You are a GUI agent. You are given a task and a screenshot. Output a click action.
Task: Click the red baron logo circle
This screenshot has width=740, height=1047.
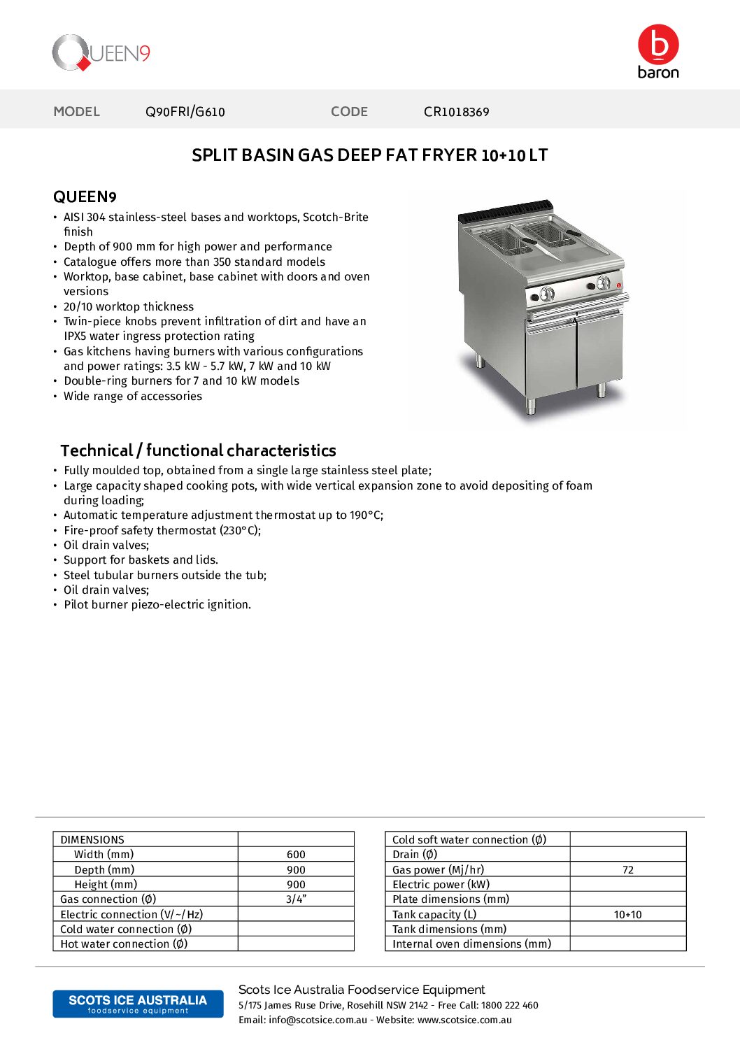pyautogui.click(x=658, y=44)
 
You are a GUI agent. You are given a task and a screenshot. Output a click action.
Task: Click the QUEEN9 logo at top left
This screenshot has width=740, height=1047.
pyautogui.click(x=101, y=53)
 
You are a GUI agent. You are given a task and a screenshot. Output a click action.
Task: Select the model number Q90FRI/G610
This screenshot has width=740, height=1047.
pyautogui.click(x=185, y=112)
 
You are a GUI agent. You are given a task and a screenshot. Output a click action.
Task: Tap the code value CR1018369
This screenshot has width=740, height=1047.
pyautogui.click(x=456, y=112)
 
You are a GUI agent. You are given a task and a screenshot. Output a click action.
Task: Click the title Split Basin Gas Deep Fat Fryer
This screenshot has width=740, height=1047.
pyautogui.click(x=369, y=155)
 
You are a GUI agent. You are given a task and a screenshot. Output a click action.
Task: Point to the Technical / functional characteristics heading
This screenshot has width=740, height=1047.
pyautogui.click(x=198, y=450)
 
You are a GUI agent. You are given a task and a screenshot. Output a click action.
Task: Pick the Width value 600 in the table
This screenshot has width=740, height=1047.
pyautogui.click(x=296, y=855)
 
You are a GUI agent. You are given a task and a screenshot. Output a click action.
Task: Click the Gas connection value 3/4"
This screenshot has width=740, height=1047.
pyautogui.click(x=296, y=899)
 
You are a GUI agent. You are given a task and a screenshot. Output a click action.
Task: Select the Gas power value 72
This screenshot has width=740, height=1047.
pyautogui.click(x=627, y=870)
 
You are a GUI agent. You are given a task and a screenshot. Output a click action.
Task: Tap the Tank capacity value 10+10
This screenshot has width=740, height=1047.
pyautogui.click(x=627, y=915)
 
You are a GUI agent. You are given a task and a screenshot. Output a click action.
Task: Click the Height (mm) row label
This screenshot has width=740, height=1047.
pyautogui.click(x=106, y=885)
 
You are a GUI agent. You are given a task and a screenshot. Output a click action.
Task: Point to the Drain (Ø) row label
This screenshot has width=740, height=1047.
pyautogui.click(x=415, y=855)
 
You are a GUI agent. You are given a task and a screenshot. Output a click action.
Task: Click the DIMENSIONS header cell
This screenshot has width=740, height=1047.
pyautogui.click(x=92, y=840)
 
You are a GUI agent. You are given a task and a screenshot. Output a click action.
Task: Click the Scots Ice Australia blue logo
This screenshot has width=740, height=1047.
pyautogui.click(x=138, y=1004)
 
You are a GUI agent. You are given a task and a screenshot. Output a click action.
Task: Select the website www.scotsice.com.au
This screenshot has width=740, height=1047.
pyautogui.click(x=464, y=1020)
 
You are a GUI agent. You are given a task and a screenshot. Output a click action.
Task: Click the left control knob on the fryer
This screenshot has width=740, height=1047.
pyautogui.click(x=548, y=294)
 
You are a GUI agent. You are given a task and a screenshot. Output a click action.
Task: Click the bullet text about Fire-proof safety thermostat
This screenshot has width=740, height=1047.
pyautogui.click(x=162, y=531)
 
